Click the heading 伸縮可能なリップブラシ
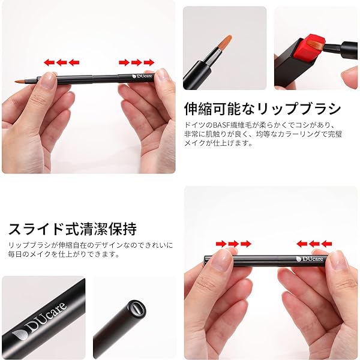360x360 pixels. (262, 109)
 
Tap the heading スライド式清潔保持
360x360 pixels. (73, 229)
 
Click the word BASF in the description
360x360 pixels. (221, 125)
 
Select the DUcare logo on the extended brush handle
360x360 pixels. (142, 76)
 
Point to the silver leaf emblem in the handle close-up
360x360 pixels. (20, 335)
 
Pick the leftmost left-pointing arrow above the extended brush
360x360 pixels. (49, 62)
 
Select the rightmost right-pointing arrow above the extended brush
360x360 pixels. (149, 62)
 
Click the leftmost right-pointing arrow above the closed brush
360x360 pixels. (221, 244)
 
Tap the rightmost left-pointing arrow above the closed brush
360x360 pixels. (327, 244)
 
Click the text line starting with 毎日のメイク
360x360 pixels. (64, 254)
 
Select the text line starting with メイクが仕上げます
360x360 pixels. (218, 143)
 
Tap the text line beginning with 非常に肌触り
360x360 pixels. (263, 134)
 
